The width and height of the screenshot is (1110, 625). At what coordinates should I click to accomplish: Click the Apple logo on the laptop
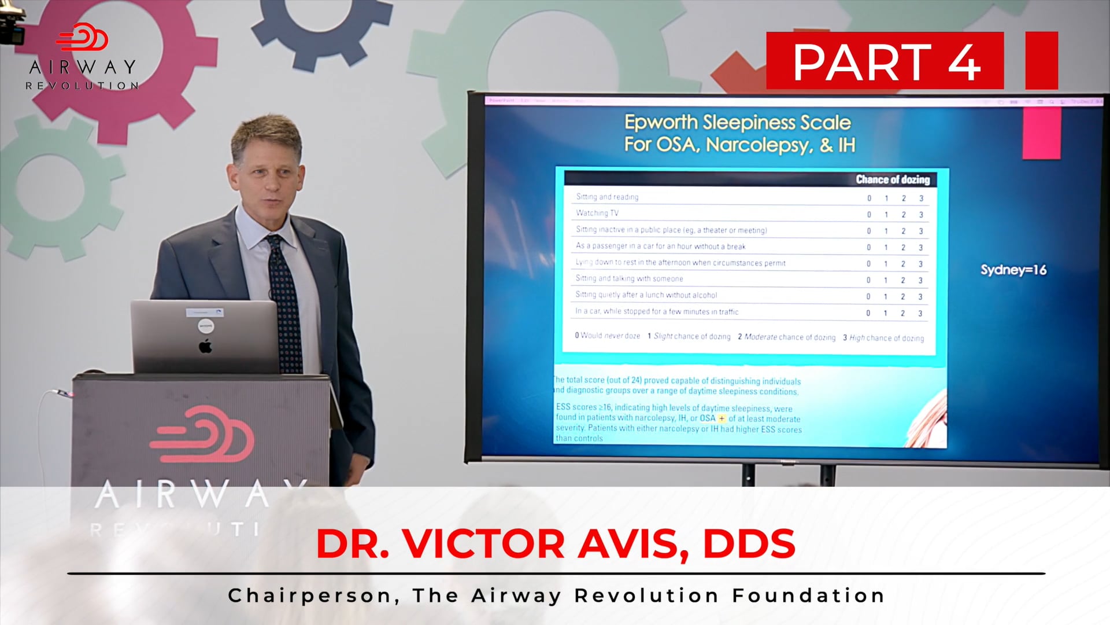[205, 347]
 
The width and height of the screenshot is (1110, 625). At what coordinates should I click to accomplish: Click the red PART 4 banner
[885, 61]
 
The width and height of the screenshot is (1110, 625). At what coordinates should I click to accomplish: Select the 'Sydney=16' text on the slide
[1013, 270]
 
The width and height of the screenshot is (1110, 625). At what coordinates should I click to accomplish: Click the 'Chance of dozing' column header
[893, 179]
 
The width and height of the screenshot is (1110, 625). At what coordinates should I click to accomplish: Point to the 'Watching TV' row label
[597, 213]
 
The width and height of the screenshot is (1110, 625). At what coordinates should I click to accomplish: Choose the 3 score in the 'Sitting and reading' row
[922, 198]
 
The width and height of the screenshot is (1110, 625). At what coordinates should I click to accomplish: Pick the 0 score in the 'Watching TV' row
[869, 215]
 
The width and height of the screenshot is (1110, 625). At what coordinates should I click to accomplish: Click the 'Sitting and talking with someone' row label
[629, 279]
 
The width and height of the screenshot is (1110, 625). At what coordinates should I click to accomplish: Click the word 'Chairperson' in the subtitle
[309, 595]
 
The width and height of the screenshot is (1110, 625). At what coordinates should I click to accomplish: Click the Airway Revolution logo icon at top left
[82, 38]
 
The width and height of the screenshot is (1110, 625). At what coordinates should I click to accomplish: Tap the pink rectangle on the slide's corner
[1041, 133]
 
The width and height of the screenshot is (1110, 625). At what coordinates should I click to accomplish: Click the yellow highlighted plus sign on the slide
[721, 418]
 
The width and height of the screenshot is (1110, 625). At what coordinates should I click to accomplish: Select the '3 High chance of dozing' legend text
[883, 338]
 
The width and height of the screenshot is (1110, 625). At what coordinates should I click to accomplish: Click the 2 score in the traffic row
[902, 313]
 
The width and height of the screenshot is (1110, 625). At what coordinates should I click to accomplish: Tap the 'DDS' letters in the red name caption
[749, 544]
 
